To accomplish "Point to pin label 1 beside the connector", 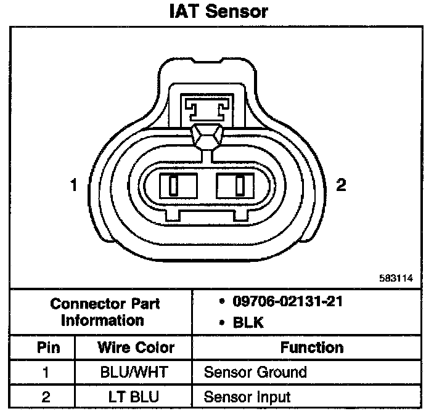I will click(x=73, y=184).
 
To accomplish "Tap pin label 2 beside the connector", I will click(x=341, y=184).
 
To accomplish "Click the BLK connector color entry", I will click(x=247, y=322).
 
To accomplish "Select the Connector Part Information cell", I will click(x=105, y=312).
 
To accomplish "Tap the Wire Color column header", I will click(x=136, y=347).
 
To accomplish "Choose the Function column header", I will click(x=311, y=347).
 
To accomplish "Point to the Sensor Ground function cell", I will click(x=255, y=372).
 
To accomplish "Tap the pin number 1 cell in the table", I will click(x=46, y=372).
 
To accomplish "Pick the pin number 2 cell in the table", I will click(x=46, y=396).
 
